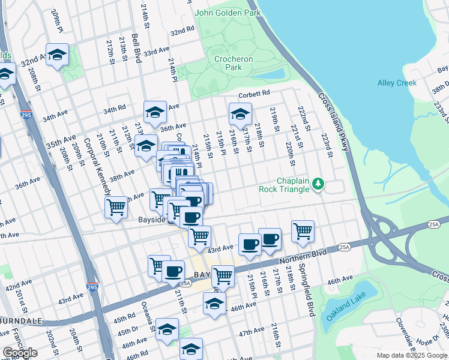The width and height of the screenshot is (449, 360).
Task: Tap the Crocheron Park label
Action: click(x=234, y=63)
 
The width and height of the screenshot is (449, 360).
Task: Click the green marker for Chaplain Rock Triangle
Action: click(x=319, y=184)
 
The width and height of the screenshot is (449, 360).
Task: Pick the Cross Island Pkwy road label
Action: click(x=330, y=119)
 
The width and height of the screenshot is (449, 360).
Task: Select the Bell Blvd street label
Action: click(x=137, y=49)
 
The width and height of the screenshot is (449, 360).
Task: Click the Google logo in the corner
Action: click(x=20, y=353)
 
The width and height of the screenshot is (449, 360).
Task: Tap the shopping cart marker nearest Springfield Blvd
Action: click(x=303, y=230)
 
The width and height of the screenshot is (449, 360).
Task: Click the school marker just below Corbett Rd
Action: click(x=240, y=113)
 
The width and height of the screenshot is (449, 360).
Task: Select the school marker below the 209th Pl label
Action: click(x=58, y=55)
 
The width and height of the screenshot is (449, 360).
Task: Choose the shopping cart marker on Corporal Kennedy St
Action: click(x=115, y=208)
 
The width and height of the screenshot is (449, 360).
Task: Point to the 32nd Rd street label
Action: click(x=182, y=30)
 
